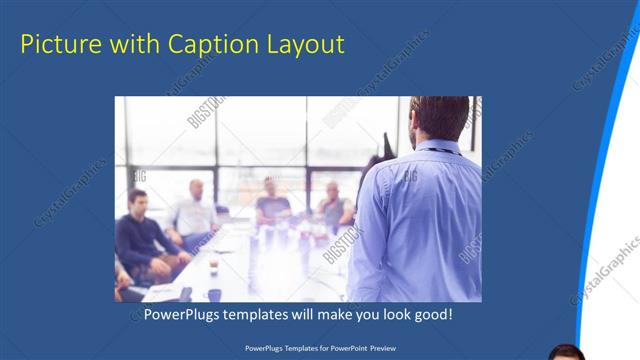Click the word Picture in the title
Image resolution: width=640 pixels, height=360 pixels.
58,45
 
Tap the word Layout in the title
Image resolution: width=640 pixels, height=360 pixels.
300,45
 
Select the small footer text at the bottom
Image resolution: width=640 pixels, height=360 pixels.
319,348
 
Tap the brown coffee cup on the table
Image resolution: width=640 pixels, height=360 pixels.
214,263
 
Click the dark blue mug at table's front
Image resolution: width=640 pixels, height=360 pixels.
214,295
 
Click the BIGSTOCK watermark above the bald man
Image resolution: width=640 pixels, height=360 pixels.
207,113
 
